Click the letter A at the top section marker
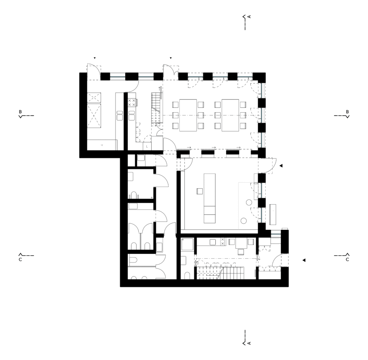pos(249,17)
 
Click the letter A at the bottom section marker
pos(249,343)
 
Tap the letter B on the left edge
pos(20,112)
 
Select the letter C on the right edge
pos(348,260)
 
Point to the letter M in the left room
pos(102,145)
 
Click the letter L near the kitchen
pos(147,146)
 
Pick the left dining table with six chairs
pos(188,115)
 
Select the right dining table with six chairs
pos(230,115)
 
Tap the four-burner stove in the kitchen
pos(132,102)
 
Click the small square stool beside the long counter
pos(200,191)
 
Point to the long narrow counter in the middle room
pos(210,198)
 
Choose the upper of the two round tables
pos(249,202)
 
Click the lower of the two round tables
pos(244,220)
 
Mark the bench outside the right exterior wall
pos(273,215)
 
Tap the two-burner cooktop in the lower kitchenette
pos(222,242)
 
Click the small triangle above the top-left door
pos(95,58)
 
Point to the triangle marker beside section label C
pos(304,260)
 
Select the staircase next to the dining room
pos(157,108)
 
